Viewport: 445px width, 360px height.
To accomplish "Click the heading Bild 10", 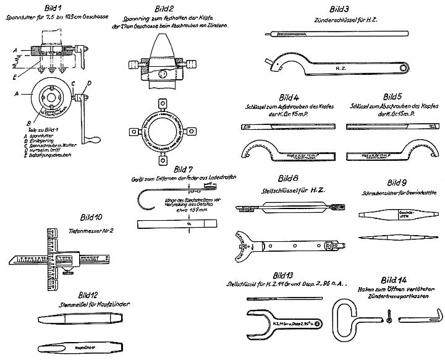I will pos(90,218).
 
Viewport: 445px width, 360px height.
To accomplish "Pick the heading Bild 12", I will pos(91,294).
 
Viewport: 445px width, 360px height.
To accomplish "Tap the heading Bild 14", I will pos(393,279).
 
